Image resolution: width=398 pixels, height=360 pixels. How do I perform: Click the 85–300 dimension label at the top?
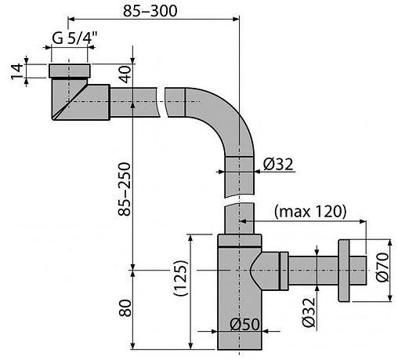150,11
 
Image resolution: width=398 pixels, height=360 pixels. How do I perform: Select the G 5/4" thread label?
74,38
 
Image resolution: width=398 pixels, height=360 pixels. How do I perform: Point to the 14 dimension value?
17,71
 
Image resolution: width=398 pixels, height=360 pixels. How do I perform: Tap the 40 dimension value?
125,75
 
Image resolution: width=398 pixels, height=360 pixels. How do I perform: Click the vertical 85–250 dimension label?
125,189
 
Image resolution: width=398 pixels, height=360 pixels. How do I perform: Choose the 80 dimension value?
125,308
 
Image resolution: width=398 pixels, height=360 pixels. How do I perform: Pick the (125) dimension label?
181,278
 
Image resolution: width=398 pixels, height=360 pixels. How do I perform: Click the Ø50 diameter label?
244,325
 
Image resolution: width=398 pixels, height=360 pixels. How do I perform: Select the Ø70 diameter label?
382,267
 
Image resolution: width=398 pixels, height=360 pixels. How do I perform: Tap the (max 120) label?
310,211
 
